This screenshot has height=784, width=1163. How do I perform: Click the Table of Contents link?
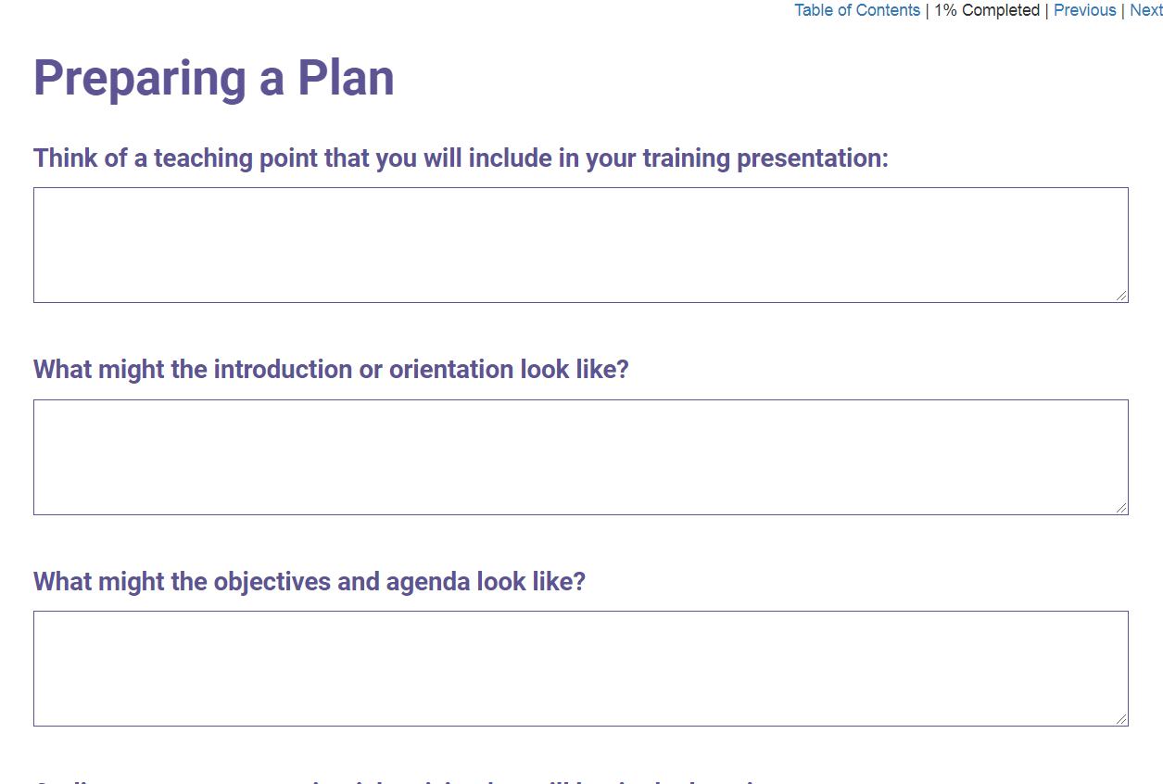point(857,10)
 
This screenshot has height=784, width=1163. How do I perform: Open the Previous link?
point(1084,10)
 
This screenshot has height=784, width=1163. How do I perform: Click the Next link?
point(1145,10)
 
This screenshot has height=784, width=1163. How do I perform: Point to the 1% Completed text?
point(986,10)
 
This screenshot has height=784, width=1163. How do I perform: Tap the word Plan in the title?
point(346,78)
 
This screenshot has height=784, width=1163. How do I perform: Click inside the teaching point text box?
point(580,245)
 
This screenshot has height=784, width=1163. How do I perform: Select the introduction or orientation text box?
point(580,457)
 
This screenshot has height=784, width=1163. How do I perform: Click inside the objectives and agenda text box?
point(580,668)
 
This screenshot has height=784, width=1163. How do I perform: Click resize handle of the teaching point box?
point(1122,297)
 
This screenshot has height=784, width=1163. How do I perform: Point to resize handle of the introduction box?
point(1122,509)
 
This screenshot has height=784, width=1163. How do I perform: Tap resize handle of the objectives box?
point(1122,720)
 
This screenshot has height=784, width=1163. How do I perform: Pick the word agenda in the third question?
point(427,582)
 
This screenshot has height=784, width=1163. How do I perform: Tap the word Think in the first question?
point(65,158)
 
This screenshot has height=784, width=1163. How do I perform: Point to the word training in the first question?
point(687,158)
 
